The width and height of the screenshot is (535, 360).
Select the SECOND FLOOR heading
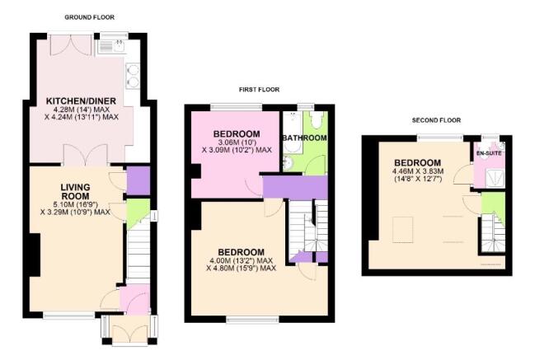[436, 120]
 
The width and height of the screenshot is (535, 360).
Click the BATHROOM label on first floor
[304, 138]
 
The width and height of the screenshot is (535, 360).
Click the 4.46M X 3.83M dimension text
[418, 171]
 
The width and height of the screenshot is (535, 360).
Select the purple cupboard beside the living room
[138, 179]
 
